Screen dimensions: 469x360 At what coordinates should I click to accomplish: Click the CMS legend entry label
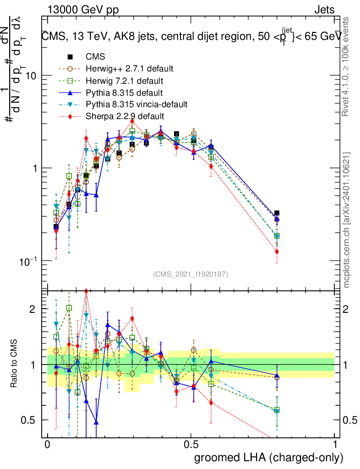(x=95, y=57)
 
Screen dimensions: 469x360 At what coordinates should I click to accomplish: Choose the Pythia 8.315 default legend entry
(x=124, y=93)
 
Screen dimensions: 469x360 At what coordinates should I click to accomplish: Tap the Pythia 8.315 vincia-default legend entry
(x=136, y=104)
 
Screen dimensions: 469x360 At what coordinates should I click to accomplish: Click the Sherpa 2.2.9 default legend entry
(x=125, y=116)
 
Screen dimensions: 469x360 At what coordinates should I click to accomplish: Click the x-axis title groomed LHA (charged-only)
(x=269, y=458)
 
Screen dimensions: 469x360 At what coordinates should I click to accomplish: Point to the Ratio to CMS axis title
(x=14, y=364)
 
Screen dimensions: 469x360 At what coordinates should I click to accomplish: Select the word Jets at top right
(x=324, y=10)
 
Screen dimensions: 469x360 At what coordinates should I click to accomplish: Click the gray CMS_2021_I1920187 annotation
(x=191, y=274)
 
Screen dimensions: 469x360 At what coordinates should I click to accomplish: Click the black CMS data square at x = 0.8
(x=277, y=213)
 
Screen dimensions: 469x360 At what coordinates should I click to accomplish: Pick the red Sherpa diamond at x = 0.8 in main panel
(x=277, y=251)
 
